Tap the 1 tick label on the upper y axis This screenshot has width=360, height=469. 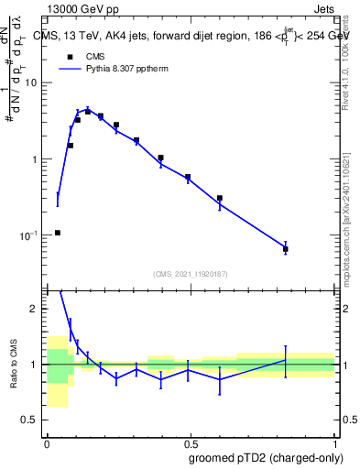(x=35, y=159)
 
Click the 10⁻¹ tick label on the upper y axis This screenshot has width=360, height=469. (x=29, y=235)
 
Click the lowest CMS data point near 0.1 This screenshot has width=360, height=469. (x=58, y=233)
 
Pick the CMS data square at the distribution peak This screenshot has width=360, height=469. (x=88, y=111)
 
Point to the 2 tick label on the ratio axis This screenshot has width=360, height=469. (x=35, y=309)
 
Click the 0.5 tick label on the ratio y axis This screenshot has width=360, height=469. (x=30, y=420)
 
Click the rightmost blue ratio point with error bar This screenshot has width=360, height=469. (x=286, y=360)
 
